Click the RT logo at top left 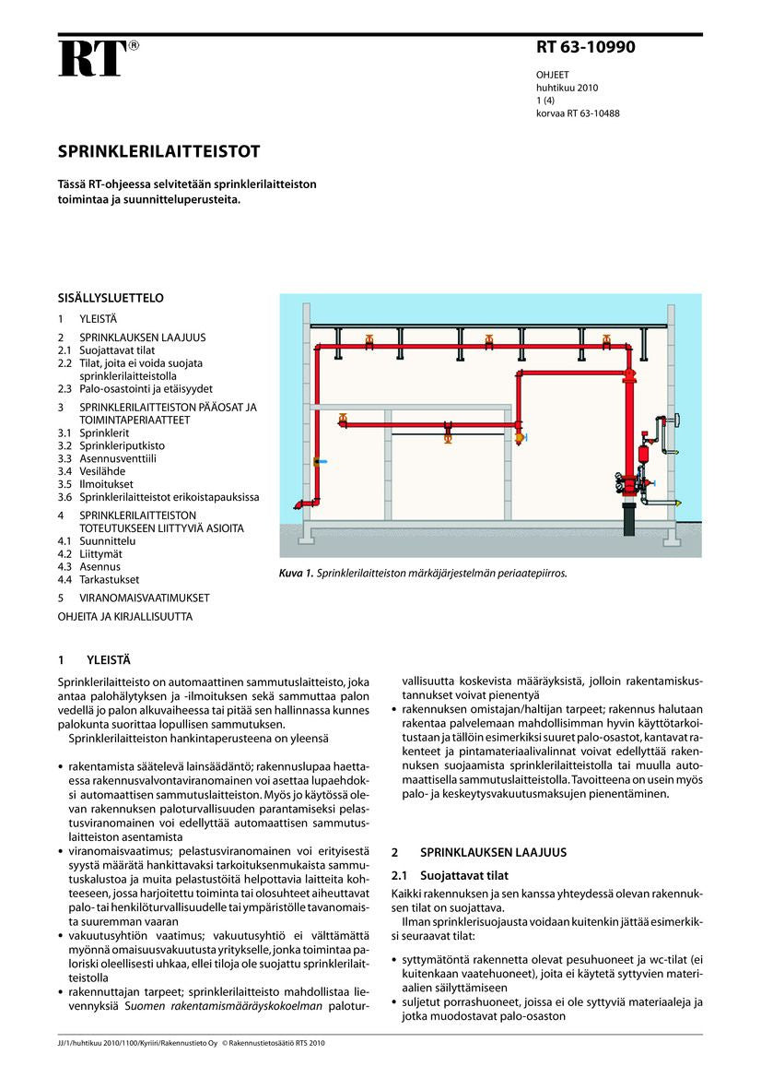92,58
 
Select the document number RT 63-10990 585,48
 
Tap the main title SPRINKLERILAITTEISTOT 159,151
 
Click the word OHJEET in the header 553,75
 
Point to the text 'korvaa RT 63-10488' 578,113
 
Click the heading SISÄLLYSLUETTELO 111,298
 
